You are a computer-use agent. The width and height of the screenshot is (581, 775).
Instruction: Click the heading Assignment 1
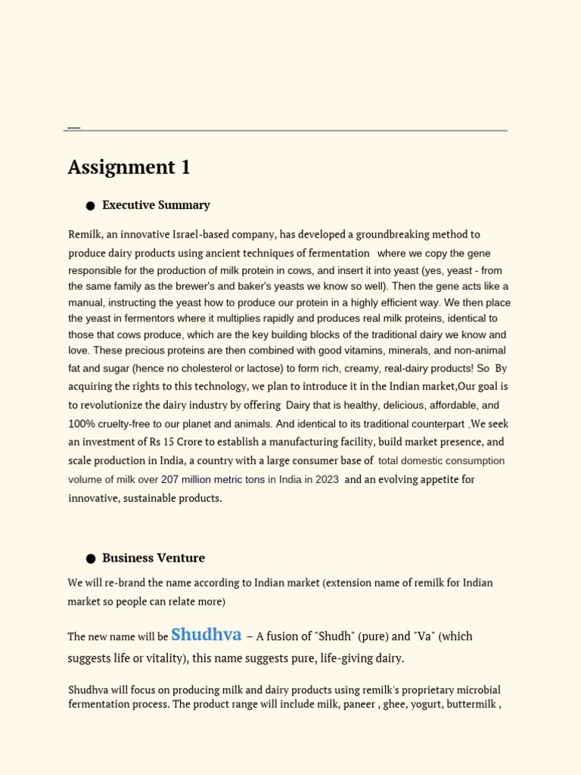129,167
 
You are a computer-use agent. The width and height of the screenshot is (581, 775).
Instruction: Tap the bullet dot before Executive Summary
91,206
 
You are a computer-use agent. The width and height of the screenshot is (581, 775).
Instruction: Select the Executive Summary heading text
156,205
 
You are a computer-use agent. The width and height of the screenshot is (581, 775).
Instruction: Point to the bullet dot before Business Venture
91,559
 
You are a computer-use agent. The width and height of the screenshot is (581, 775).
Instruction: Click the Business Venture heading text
154,559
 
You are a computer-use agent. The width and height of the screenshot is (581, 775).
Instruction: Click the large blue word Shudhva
207,634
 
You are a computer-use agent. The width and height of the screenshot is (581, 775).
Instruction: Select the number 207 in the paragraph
170,480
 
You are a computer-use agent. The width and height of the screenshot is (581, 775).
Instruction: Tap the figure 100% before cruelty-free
81,425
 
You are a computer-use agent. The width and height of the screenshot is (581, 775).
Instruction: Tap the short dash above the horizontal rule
74,128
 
